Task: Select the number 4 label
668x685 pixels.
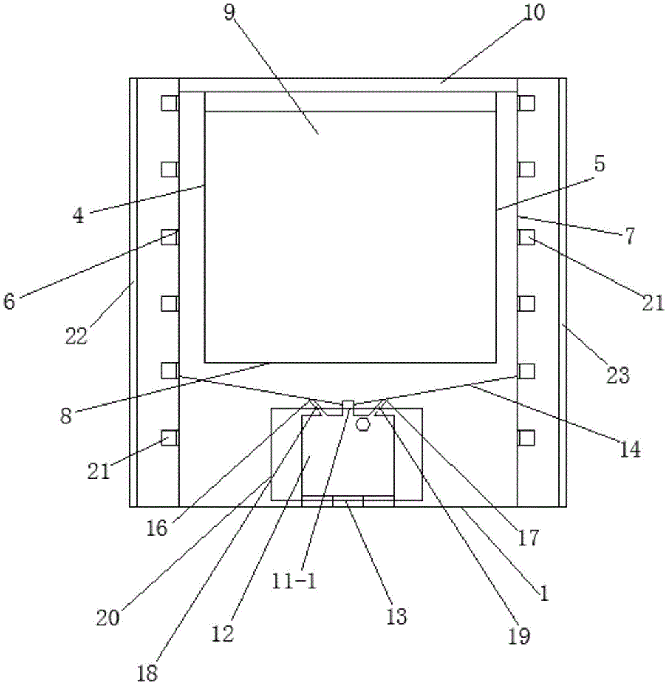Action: click(x=78, y=216)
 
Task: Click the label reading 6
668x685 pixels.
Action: click(x=9, y=302)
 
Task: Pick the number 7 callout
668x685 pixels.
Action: click(x=628, y=237)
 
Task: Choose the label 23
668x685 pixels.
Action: click(x=619, y=375)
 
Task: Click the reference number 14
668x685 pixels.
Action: click(x=630, y=449)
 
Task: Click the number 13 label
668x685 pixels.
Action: click(x=396, y=616)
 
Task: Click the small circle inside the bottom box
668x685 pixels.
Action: click(x=363, y=425)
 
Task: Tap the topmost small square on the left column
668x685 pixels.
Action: click(x=169, y=103)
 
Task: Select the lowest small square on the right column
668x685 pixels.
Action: click(x=526, y=437)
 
